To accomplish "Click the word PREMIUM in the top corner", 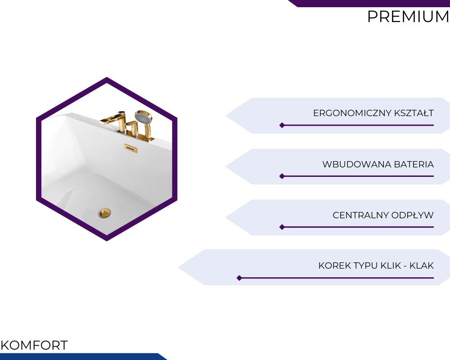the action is (x=409, y=16).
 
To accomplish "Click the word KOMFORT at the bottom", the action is (x=34, y=345).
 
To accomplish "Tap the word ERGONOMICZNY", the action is (x=352, y=113).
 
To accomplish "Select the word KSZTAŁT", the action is (x=414, y=113).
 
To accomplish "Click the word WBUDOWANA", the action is (x=357, y=164).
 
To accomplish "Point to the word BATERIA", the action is (x=414, y=164).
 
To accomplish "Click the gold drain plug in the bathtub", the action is (x=105, y=213).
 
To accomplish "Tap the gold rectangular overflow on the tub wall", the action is (x=130, y=148).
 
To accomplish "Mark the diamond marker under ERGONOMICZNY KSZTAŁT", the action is (x=282, y=125).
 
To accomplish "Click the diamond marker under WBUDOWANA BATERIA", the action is (x=282, y=176).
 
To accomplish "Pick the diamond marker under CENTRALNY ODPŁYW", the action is (x=282, y=227).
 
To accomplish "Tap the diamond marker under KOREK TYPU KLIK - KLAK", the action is (x=239, y=278).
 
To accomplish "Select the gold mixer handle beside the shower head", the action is (x=132, y=125).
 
